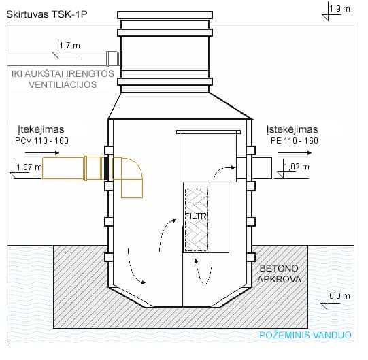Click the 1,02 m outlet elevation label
296,166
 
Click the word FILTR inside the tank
196,218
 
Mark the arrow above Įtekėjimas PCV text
50,154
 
